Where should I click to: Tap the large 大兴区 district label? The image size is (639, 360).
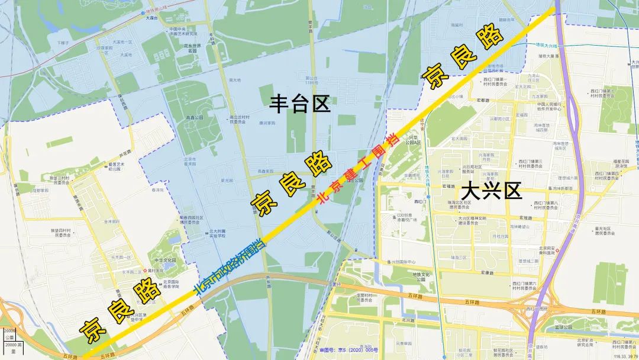coord(491,191)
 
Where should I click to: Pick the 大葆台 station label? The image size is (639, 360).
coord(154,18)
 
